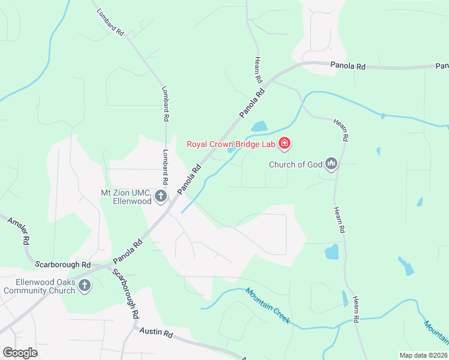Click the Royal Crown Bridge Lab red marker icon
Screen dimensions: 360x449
(x=285, y=144)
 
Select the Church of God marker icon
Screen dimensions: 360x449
(x=331, y=163)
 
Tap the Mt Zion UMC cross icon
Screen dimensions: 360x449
(x=160, y=196)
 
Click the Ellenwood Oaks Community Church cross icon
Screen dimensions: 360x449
(x=85, y=286)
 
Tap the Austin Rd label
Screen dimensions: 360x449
(x=156, y=331)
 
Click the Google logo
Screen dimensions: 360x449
(x=20, y=353)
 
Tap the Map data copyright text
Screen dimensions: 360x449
(x=423, y=355)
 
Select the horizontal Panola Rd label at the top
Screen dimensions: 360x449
(x=348, y=65)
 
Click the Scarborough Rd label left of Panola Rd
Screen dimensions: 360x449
(x=62, y=265)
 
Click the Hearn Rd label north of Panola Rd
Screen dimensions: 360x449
(x=258, y=70)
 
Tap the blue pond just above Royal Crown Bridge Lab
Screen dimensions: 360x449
(x=259, y=127)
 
